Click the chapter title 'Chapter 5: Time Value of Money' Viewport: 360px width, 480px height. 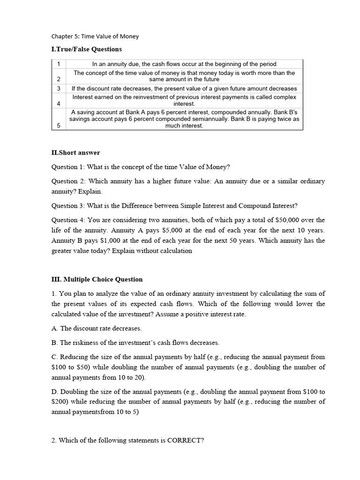95,36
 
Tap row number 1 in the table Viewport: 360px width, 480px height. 59,64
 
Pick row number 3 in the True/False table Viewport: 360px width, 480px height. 59,89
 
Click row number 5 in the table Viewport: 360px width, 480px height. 59,126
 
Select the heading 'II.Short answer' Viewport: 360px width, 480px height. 75,153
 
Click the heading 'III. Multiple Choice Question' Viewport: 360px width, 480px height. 97,279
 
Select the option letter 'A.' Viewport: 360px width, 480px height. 54,328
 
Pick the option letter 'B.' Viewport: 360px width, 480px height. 54,343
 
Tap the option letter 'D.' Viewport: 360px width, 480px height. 55,391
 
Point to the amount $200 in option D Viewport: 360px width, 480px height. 59,402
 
